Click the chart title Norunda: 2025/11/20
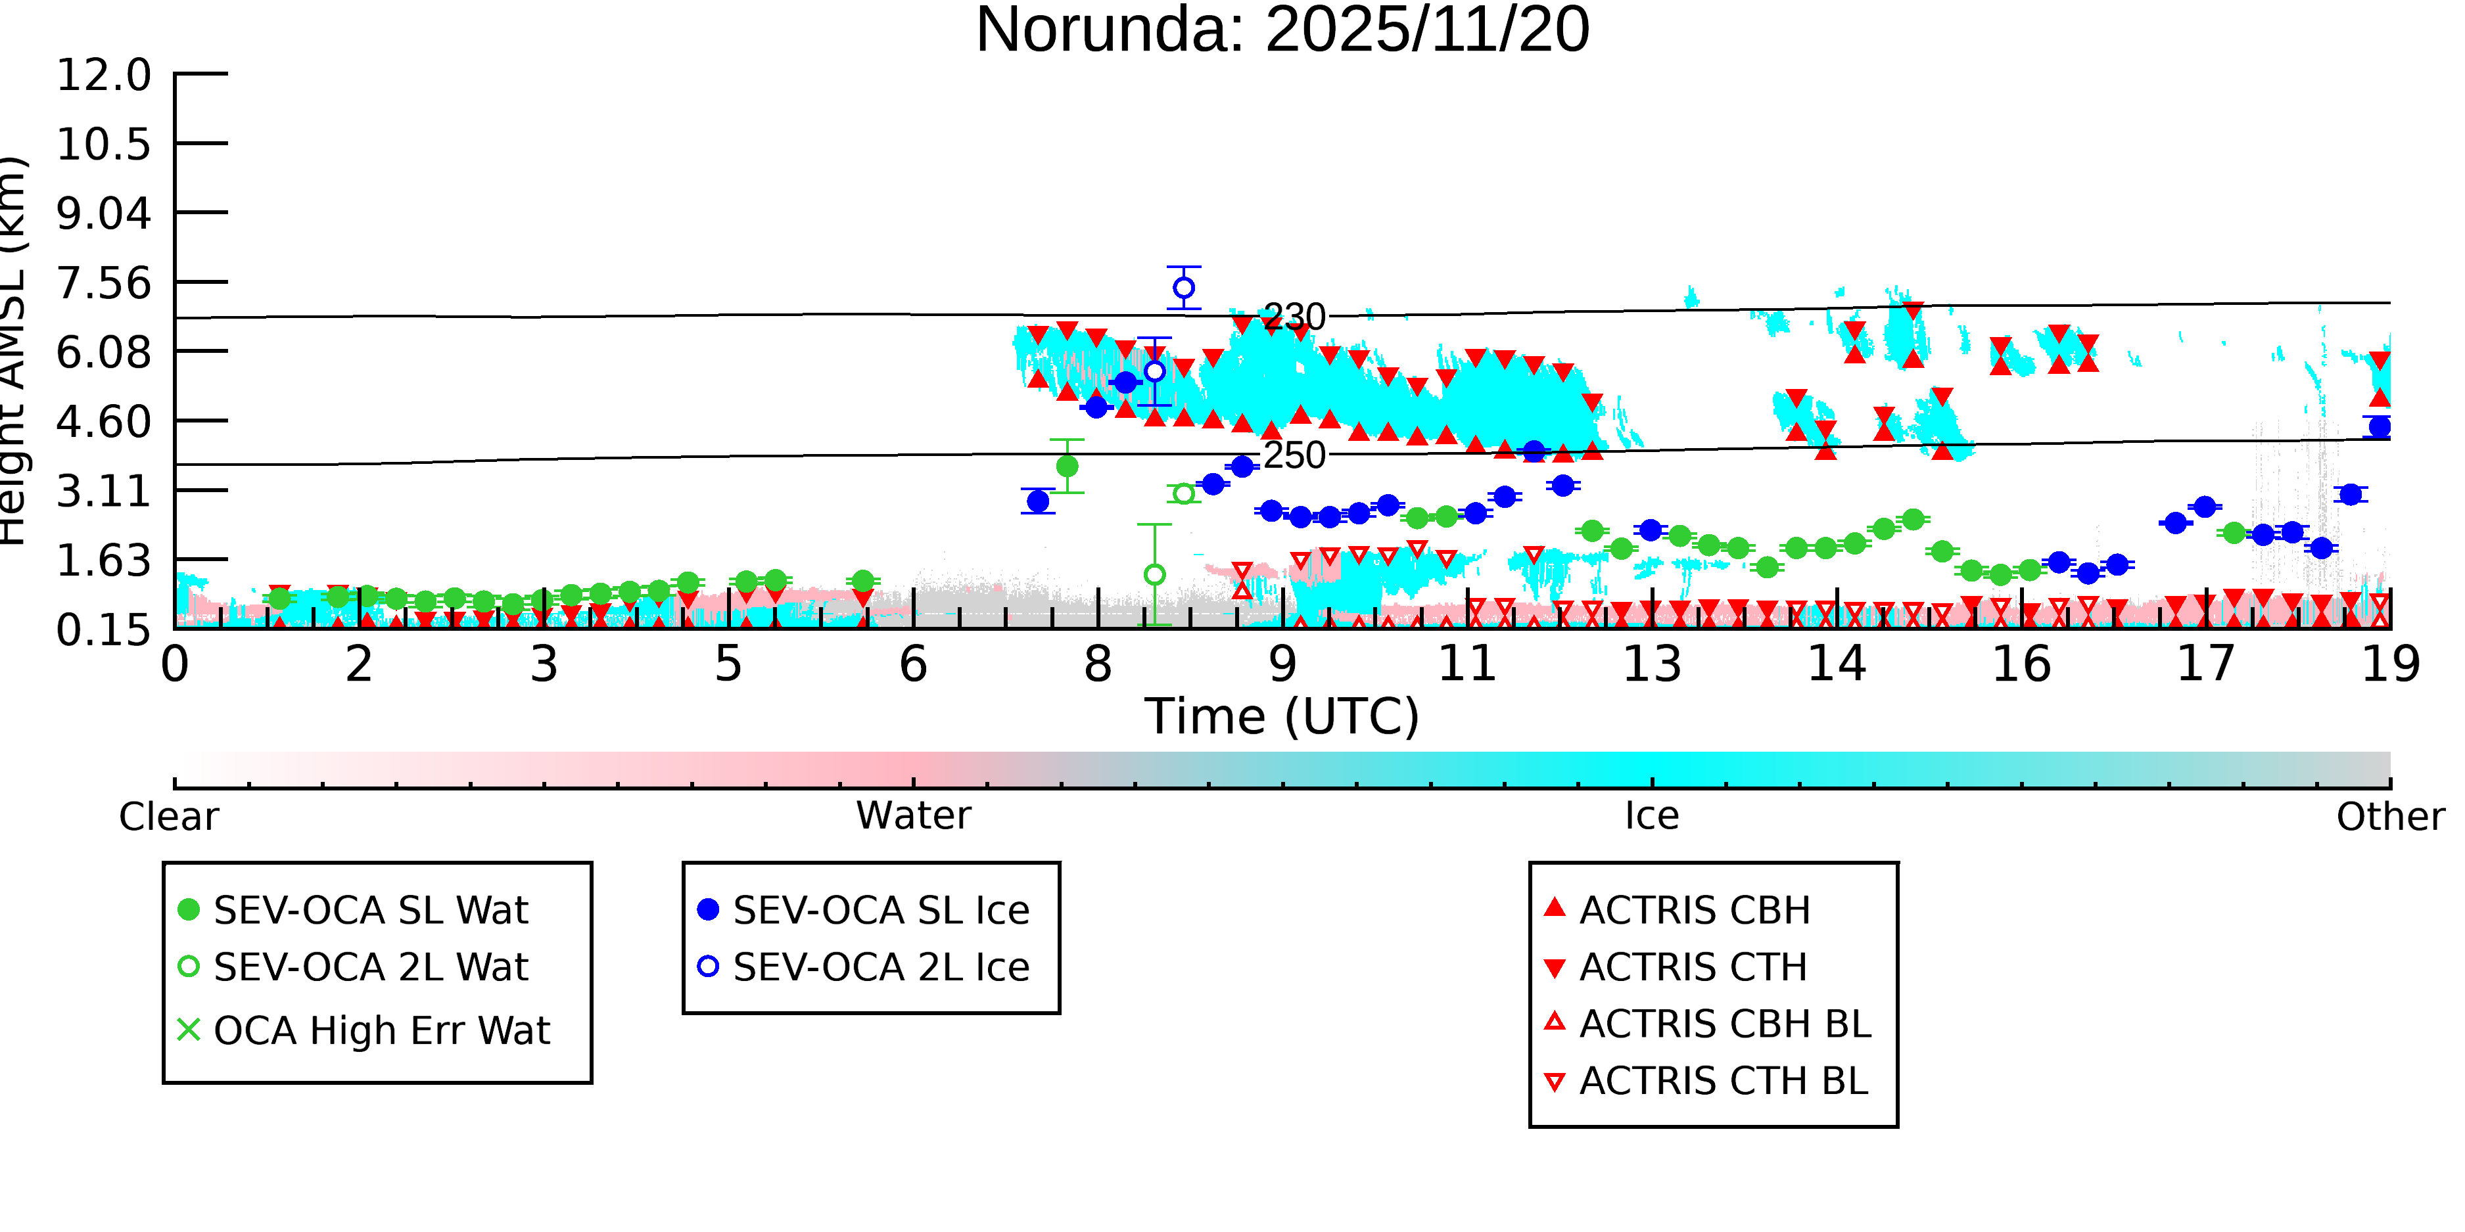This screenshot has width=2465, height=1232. pyautogui.click(x=1282, y=31)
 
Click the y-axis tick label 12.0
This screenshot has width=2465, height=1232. pyautogui.click(x=103, y=75)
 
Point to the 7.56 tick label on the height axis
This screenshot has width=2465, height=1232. pyautogui.click(x=103, y=283)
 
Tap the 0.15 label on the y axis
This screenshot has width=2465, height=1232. pyautogui.click(x=103, y=630)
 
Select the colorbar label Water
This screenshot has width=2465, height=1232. pyautogui.click(x=914, y=816)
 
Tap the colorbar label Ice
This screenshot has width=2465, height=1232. pyautogui.click(x=1652, y=816)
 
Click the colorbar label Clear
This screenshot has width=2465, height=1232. pyautogui.click(x=168, y=817)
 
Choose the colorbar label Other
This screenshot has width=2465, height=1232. pyautogui.click(x=2390, y=817)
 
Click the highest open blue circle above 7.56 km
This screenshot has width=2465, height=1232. pyautogui.click(x=1184, y=288)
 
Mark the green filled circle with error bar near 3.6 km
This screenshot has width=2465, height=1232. pyautogui.click(x=1067, y=467)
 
